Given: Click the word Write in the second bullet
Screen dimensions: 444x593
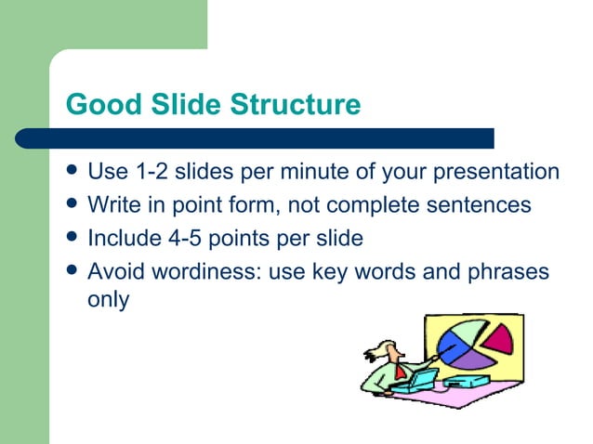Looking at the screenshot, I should click(111, 204).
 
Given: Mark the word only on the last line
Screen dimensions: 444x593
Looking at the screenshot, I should click(108, 300).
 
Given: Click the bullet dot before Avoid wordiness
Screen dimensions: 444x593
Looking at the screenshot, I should click(72, 270).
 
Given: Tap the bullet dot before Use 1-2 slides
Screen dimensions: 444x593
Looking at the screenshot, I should click(72, 173).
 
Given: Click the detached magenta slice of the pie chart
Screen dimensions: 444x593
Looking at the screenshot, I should click(499, 338).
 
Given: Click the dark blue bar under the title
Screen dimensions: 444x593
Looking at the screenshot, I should click(270, 138).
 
